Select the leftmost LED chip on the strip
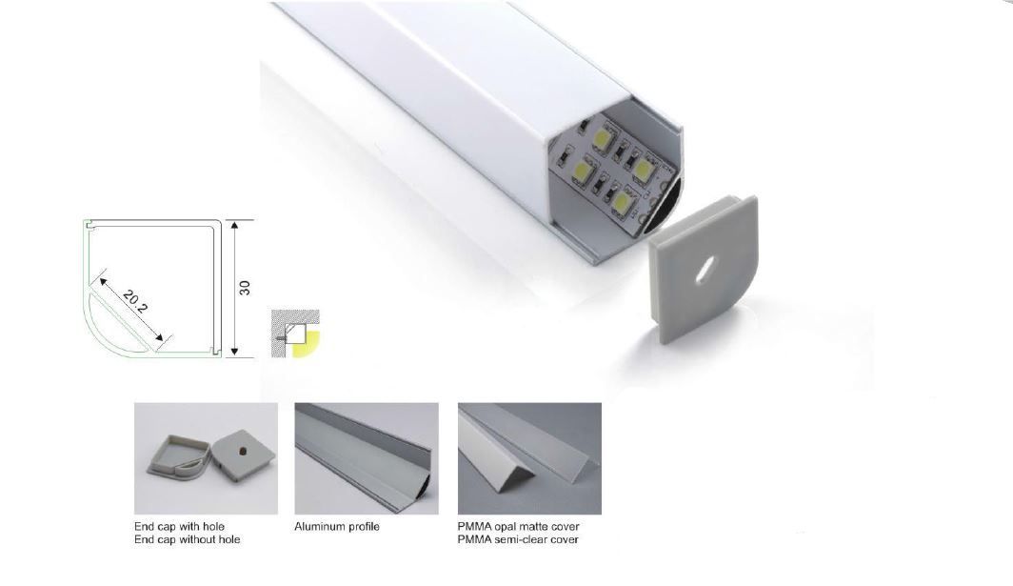pyautogui.click(x=579, y=171)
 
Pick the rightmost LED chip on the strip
pyautogui.click(x=644, y=169)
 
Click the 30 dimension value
pyautogui.click(x=245, y=288)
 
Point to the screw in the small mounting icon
pyautogui.click(x=282, y=335)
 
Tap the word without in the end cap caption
pyautogui.click(x=198, y=539)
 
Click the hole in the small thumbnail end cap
pyautogui.click(x=243, y=449)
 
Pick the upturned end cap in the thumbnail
pyautogui.click(x=178, y=459)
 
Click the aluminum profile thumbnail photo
pyautogui.click(x=367, y=458)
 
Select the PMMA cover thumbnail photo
pyautogui.click(x=529, y=458)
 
